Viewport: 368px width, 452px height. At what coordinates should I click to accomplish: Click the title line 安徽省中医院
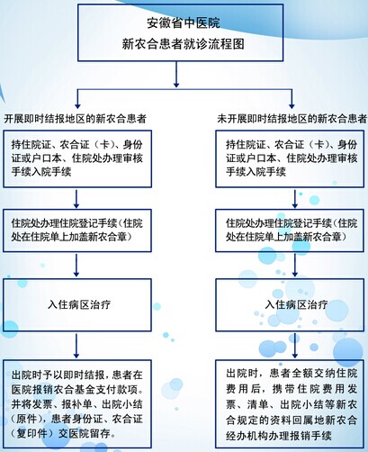tap(184, 23)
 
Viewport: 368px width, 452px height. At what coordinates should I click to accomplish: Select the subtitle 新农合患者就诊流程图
tap(184, 44)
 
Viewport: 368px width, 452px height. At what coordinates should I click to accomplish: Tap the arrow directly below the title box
tap(176, 75)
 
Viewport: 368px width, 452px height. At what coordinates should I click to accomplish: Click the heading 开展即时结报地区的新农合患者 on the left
tap(75, 119)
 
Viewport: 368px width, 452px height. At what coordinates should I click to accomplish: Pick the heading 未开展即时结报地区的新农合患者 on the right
tap(292, 119)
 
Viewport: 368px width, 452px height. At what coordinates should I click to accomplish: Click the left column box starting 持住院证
tap(77, 158)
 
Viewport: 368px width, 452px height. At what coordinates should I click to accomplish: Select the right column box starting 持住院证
tap(290, 158)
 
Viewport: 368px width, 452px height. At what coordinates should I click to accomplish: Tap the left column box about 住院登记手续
tap(77, 231)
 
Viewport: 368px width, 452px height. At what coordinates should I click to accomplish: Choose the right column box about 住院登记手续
tap(290, 231)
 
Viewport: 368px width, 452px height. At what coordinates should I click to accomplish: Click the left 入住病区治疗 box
tap(77, 305)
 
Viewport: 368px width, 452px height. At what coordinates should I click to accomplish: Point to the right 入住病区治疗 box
tap(290, 305)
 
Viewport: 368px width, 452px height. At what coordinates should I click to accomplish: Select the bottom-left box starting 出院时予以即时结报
tap(77, 404)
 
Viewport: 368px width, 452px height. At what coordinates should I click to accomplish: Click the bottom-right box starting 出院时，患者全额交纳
tap(290, 404)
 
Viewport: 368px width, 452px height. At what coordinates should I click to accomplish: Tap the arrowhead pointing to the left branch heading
tap(77, 106)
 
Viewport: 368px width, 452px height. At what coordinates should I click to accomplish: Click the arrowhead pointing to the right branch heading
tap(292, 106)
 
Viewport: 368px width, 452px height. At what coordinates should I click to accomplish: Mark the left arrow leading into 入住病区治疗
tap(76, 265)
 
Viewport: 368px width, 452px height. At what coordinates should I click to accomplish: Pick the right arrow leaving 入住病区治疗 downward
tap(295, 346)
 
